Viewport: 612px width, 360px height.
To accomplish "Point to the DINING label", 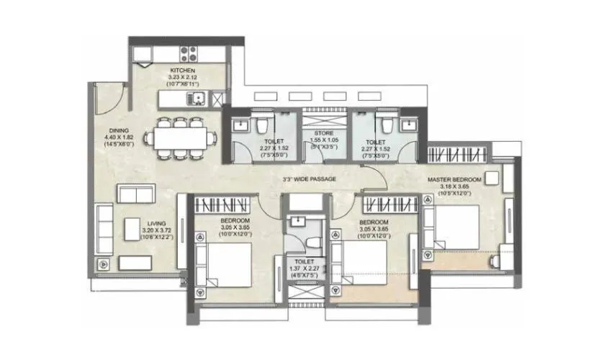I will (120, 130).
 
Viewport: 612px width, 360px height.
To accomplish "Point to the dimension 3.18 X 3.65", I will (459, 187).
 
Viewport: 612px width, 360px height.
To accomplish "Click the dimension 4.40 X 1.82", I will (120, 138).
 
